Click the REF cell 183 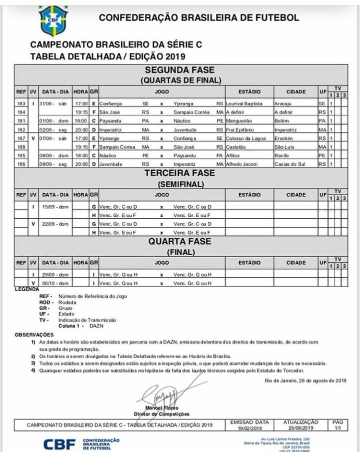click(20, 103)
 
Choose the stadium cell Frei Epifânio click(240, 129)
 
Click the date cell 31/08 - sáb click(50, 103)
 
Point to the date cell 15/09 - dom click(55, 206)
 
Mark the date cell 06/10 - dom click(55, 283)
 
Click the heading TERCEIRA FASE click(179, 173)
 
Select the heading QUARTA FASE click(179, 241)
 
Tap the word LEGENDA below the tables click(27, 289)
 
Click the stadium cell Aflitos click(234, 155)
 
